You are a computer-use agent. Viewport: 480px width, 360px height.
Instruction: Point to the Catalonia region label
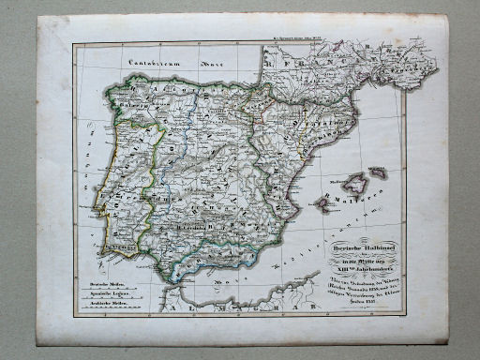click(x=324, y=123)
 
